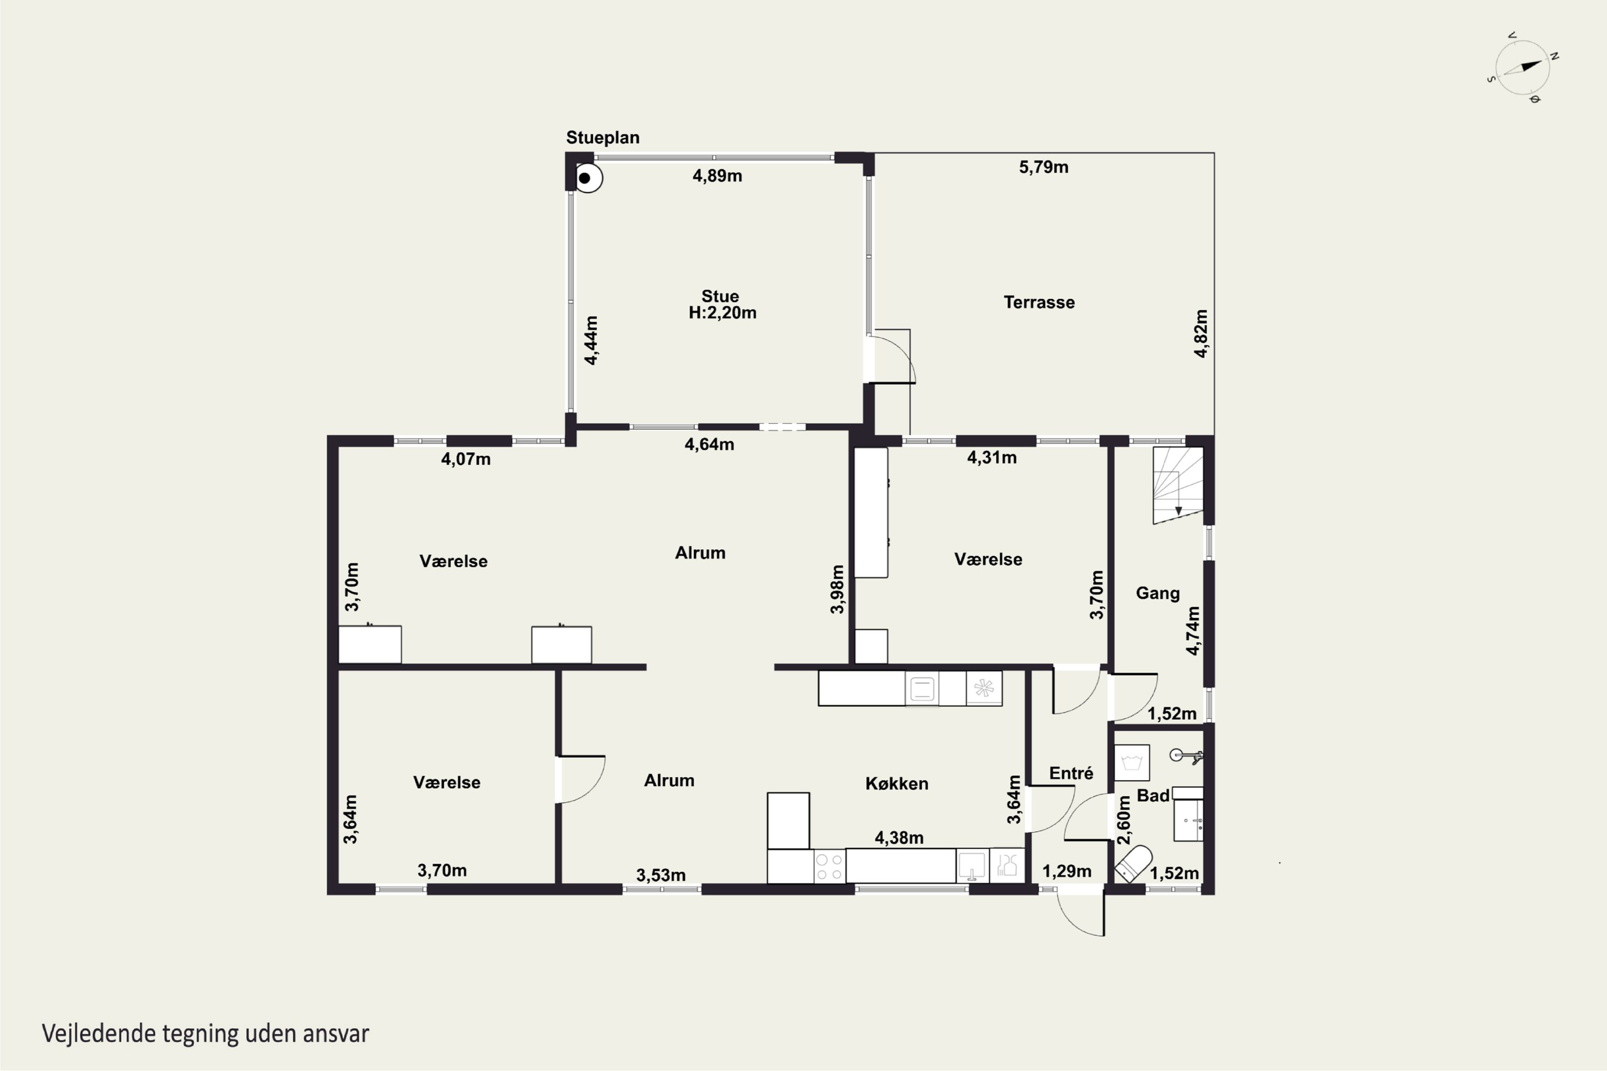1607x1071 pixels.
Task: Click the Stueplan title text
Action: tap(603, 137)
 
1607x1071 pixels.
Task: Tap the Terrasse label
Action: tap(1039, 302)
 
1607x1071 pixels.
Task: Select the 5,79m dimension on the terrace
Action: tap(1043, 167)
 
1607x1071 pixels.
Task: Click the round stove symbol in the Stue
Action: tap(587, 178)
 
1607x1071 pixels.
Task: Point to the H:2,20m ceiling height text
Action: tap(722, 313)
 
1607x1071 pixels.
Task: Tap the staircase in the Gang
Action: tap(1178, 486)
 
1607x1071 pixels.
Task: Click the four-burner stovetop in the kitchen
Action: tap(829, 866)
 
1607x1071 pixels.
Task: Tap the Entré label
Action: tap(1071, 773)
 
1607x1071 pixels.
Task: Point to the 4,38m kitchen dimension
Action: tap(899, 838)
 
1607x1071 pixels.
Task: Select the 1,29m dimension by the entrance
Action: tap(1067, 872)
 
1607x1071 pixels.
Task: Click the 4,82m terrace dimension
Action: tap(1201, 333)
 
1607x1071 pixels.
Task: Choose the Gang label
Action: tap(1158, 593)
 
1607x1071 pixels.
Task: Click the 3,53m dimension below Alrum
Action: tap(660, 875)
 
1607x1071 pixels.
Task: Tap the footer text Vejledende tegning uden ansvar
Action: tap(206, 1034)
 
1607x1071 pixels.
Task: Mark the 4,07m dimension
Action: tap(466, 459)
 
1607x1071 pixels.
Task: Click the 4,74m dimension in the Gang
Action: tap(1192, 630)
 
